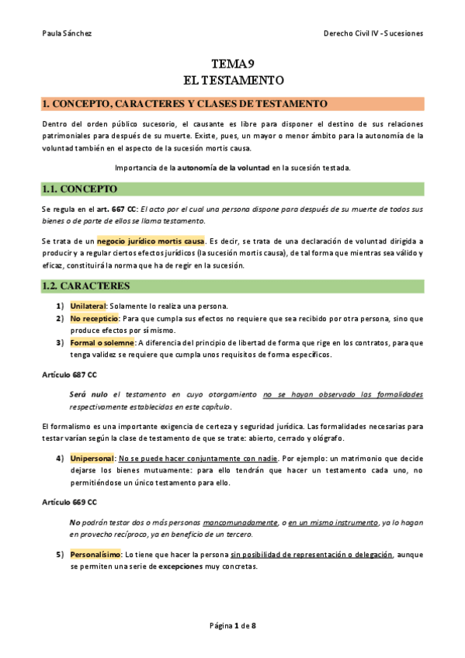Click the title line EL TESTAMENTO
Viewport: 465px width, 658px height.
pyautogui.click(x=233, y=80)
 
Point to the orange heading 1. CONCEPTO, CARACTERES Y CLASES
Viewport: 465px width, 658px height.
pyautogui.click(x=185, y=104)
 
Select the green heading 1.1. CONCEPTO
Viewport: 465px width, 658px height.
pyautogui.click(x=79, y=189)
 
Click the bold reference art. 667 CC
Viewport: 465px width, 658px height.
pyautogui.click(x=99, y=210)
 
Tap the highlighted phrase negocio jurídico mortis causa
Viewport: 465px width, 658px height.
pyautogui.click(x=151, y=241)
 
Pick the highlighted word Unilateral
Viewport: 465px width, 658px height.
pyautogui.click(x=88, y=306)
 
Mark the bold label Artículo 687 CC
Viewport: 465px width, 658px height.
pyautogui.click(x=69, y=374)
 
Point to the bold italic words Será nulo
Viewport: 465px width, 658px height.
pyautogui.click(x=88, y=395)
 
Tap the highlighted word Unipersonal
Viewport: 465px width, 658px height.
pyautogui.click(x=92, y=459)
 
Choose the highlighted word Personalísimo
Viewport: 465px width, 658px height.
pyautogui.click(x=95, y=555)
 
